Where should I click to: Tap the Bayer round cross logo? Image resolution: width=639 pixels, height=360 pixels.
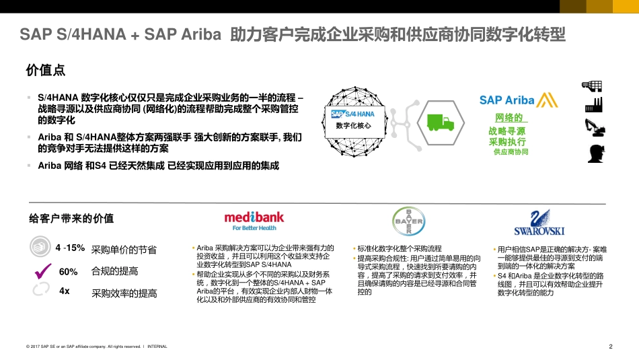pos(408,221)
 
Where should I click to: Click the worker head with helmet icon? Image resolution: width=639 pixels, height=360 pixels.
pos(594,153)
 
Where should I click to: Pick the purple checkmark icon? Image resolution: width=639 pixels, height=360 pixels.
pos(42,272)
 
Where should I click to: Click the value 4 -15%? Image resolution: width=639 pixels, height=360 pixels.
pos(70,248)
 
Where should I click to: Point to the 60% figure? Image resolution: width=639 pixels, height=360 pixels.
pos(69,272)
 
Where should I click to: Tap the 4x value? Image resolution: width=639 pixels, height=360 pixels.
pos(65,291)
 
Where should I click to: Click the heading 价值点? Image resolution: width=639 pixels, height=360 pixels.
pos(45,70)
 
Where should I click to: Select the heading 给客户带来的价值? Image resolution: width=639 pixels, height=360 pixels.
pos(71,218)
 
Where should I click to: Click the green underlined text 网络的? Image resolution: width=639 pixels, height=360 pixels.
pos(509,118)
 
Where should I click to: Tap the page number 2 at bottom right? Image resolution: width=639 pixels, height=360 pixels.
pos(610,347)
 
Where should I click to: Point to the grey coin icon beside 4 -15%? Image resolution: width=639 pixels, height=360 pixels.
pos(40,247)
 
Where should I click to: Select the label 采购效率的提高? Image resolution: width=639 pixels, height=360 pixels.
pos(124,293)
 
